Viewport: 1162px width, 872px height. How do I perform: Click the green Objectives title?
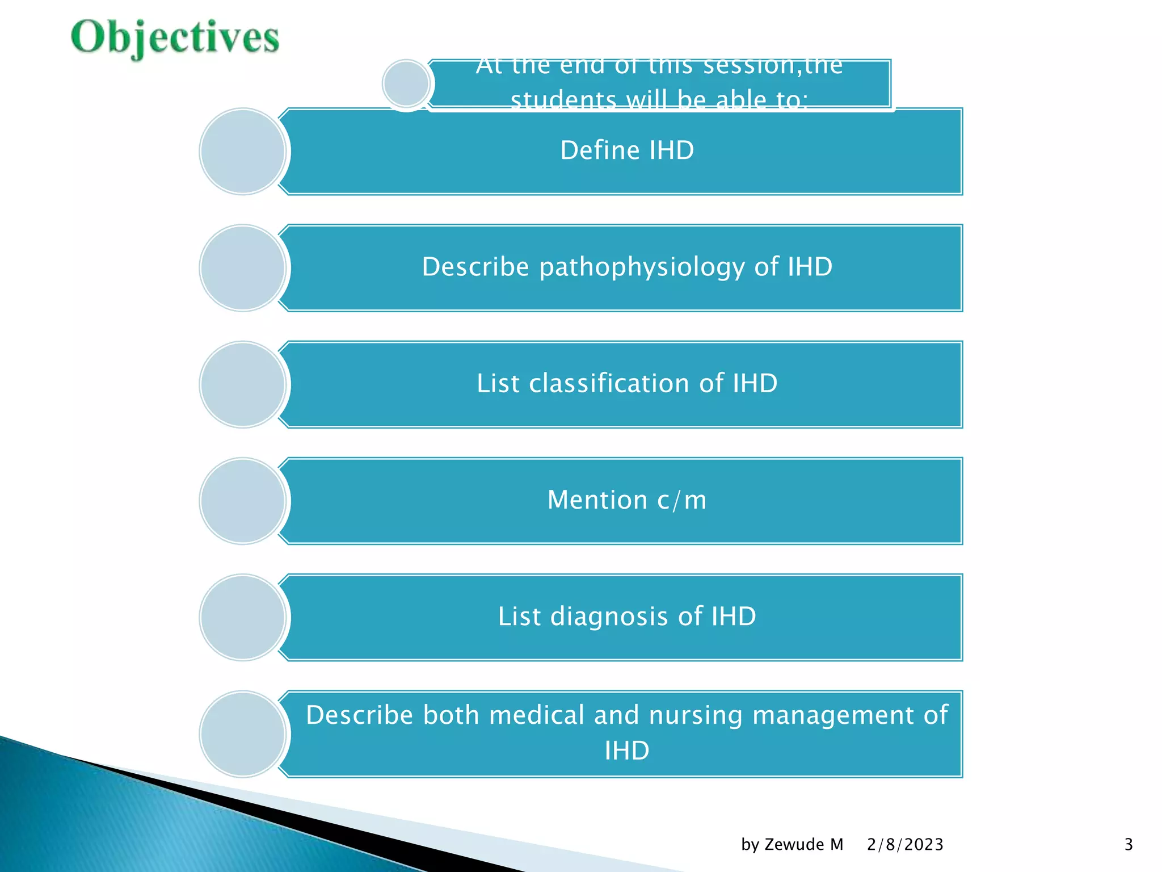[175, 37]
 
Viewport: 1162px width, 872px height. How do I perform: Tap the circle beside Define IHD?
[243, 152]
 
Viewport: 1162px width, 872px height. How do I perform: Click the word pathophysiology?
[642, 267]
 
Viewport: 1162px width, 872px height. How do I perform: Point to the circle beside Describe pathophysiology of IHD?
[243, 268]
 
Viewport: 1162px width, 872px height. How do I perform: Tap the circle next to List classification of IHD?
[243, 384]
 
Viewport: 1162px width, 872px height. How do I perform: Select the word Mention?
[597, 500]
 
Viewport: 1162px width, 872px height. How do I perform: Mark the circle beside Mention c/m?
[243, 501]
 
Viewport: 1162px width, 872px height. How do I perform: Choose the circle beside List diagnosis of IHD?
[243, 617]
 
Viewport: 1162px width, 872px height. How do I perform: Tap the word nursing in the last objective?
[695, 715]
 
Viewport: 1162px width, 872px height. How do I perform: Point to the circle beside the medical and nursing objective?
[243, 733]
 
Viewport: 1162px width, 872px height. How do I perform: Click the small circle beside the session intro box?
[406, 84]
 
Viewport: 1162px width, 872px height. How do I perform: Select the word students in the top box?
[563, 100]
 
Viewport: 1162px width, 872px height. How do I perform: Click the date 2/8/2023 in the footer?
[905, 845]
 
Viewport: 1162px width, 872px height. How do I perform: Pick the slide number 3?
[1129, 845]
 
